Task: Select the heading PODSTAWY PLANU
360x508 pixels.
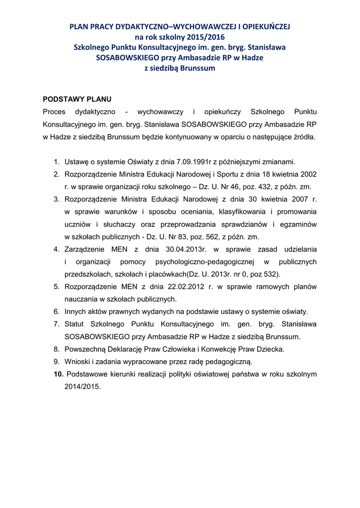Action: [77, 99]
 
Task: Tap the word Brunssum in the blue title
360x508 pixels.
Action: [197, 68]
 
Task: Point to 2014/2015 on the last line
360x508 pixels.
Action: [82, 386]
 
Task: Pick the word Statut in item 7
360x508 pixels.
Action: [74, 324]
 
